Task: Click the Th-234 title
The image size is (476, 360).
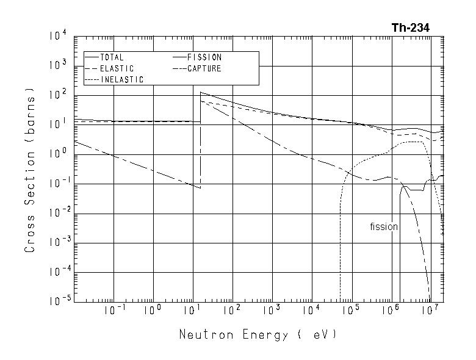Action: pos(411,27)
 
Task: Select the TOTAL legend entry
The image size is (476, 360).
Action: pos(112,58)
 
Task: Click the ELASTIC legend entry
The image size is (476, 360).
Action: pos(116,69)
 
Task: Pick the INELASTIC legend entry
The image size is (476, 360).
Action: pos(121,80)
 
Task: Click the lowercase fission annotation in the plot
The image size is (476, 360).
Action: pos(384,227)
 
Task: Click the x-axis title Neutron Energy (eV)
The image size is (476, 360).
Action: pos(258,335)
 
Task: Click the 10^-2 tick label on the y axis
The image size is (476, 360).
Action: pos(53,214)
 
